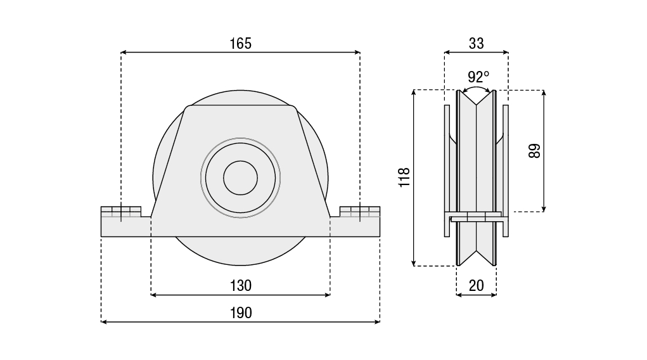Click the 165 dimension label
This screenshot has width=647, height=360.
pyautogui.click(x=240, y=43)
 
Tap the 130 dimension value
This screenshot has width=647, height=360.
pyautogui.click(x=240, y=285)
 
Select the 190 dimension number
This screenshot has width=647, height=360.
pyautogui.click(x=240, y=312)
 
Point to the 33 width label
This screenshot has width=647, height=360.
pyautogui.click(x=476, y=43)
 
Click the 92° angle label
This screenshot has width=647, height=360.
pyautogui.click(x=478, y=77)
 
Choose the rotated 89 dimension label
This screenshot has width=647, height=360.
pyautogui.click(x=534, y=151)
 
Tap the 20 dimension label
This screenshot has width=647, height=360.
pyautogui.click(x=476, y=285)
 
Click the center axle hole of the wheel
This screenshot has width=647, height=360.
pyautogui.click(x=240, y=177)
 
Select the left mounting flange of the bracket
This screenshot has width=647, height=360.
pyautogui.click(x=125, y=222)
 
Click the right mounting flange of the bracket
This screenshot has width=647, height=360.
pyautogui.click(x=356, y=222)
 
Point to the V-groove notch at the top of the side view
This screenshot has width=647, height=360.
pyautogui.click(x=477, y=101)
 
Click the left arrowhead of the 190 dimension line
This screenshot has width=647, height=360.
pyautogui.click(x=105, y=322)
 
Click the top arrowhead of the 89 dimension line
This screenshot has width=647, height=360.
pyautogui.click(x=544, y=93)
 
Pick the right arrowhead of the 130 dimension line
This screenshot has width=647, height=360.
pyautogui.click(x=327, y=295)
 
